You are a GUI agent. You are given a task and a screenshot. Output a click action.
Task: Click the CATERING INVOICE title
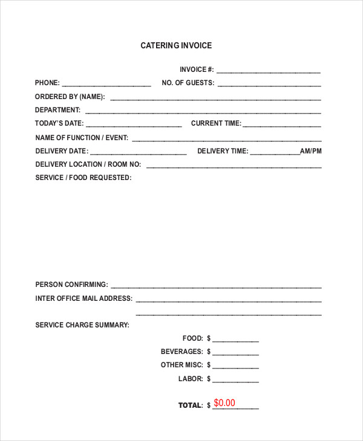176,45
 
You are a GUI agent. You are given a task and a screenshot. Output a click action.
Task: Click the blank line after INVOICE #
269,71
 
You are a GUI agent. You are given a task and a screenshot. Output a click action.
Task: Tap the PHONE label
47,83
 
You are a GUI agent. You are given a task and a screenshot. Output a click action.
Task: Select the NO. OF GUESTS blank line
269,85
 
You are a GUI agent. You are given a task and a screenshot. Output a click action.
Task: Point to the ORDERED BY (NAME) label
70,97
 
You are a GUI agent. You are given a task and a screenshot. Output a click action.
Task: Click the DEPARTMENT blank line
203,112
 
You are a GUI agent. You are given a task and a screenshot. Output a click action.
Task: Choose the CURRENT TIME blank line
282,125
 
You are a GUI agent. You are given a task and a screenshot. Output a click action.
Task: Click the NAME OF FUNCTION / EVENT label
82,137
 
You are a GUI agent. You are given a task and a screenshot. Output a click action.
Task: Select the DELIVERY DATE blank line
140,152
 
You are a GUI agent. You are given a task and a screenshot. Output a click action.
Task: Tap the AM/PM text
311,151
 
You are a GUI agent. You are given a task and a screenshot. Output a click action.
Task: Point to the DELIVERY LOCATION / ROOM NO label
88,164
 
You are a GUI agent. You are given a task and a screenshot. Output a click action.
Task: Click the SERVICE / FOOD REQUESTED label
83,178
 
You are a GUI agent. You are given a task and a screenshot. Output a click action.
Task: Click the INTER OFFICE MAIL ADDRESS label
83,298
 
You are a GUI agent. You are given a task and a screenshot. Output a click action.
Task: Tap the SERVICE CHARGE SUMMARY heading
82,325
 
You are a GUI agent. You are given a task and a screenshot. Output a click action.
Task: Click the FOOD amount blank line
235,340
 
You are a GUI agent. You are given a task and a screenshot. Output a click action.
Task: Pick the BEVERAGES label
181,352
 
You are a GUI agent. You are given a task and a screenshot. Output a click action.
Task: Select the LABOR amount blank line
235,381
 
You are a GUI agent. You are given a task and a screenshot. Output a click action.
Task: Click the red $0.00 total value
224,403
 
